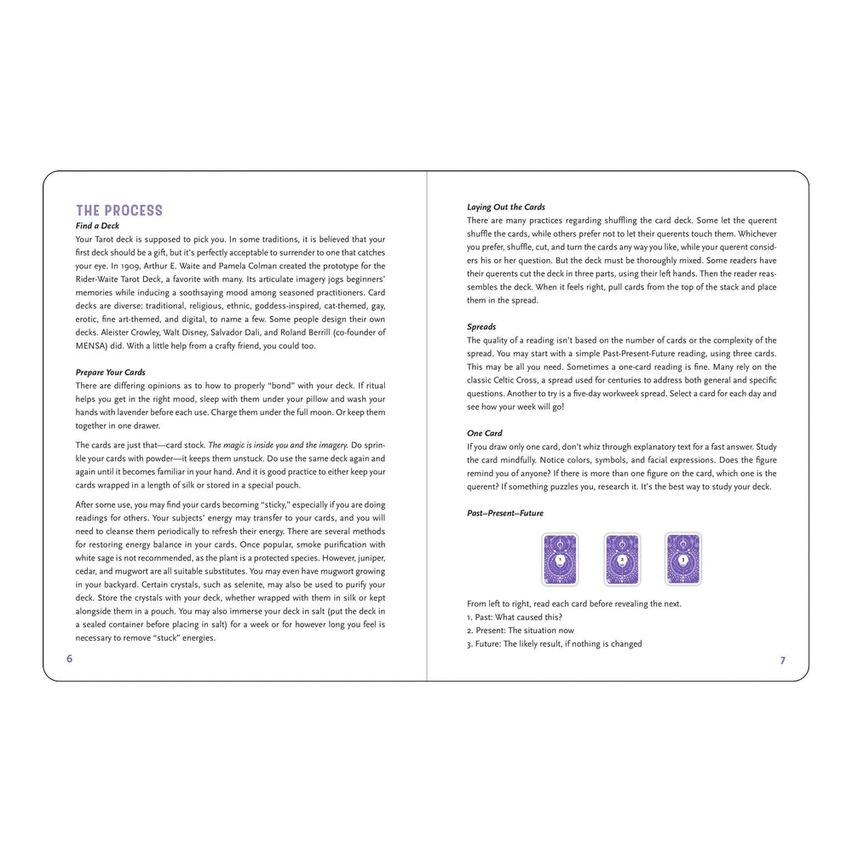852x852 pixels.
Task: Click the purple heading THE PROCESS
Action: [x=118, y=210]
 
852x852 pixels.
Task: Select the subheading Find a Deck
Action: [x=97, y=226]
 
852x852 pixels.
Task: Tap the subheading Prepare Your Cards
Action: [x=110, y=372]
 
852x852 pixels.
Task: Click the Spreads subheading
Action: [x=481, y=326]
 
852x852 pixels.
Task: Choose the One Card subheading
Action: [x=485, y=433]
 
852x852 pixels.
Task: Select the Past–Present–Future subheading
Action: [x=504, y=513]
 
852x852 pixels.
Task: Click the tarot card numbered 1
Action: [x=560, y=559]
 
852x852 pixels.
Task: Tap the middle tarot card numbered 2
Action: [x=622, y=559]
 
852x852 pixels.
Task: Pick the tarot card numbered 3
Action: [x=683, y=559]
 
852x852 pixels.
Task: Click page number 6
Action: [x=70, y=659]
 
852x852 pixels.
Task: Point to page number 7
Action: [x=782, y=660]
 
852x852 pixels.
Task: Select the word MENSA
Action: [x=92, y=345]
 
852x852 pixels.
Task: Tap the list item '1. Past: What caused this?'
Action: [x=515, y=617]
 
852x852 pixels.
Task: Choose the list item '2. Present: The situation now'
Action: [x=521, y=630]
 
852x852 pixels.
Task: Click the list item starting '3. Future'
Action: [x=554, y=644]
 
